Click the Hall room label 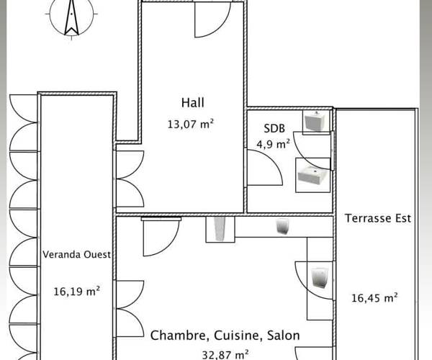(x=192, y=103)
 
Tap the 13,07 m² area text (x=191, y=124)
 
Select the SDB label (x=274, y=128)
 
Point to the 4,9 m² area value (x=274, y=144)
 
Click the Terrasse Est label (x=378, y=218)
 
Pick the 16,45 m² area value (x=374, y=298)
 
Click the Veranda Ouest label (x=76, y=254)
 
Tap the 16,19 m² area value (x=76, y=291)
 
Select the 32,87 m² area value (x=225, y=355)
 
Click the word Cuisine (x=236, y=336)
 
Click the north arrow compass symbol (x=71, y=18)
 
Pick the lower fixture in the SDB (x=312, y=176)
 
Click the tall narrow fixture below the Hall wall (x=220, y=228)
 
